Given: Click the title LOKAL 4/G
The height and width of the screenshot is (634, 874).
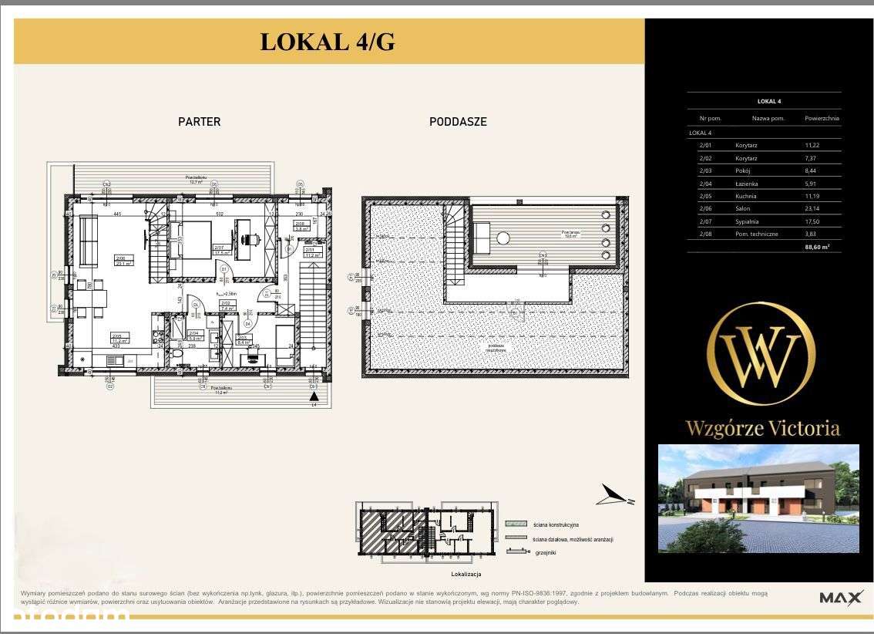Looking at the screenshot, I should pos(328,42).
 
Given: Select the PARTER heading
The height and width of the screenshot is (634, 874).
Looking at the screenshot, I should pos(199,122).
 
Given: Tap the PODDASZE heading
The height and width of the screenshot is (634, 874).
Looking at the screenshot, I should pos(458,122).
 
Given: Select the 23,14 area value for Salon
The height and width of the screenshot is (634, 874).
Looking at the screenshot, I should pos(814,208).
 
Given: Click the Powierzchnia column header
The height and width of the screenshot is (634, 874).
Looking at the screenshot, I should pos(822,119).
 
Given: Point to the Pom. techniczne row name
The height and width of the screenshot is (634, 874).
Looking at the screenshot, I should pos(756,234).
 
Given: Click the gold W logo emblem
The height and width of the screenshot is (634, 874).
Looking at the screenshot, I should pos(761,354).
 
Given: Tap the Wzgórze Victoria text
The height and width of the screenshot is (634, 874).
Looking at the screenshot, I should pos(762,428).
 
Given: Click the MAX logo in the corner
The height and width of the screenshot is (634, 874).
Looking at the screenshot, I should pos(840,598).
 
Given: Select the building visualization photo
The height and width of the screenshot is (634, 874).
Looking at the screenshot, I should pos(758,498).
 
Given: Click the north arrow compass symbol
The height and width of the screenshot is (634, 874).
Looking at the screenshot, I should pos(617,494).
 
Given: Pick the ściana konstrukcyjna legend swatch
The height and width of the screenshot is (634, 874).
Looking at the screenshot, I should pos(516,524).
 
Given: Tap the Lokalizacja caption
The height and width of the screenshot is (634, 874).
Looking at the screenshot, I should pos(466,575).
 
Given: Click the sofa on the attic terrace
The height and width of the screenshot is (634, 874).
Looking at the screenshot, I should pos(481,236).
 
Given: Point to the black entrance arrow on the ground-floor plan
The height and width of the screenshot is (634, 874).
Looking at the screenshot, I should pos(313,400).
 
